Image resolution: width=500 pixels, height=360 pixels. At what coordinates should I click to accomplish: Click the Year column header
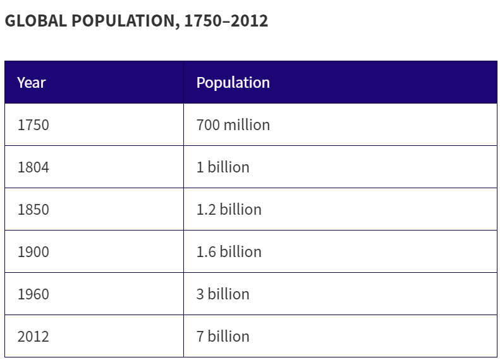[32, 83]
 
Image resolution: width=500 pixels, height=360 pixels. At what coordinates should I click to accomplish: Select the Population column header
[233, 83]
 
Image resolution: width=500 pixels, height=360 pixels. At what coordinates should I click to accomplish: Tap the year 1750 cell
[33, 125]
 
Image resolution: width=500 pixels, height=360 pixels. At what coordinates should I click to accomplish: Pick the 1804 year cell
[33, 167]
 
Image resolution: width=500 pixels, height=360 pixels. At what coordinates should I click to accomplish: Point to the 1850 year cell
[33, 210]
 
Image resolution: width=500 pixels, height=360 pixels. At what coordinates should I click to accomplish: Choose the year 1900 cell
[33, 252]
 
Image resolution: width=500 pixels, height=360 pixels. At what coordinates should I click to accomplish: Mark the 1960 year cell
[33, 294]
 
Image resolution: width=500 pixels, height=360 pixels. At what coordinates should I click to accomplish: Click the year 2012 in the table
[33, 337]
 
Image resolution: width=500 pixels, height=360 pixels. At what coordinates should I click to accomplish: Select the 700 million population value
[233, 125]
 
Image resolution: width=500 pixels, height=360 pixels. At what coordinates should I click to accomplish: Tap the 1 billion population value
[223, 167]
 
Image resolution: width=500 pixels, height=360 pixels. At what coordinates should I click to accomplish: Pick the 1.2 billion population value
[229, 210]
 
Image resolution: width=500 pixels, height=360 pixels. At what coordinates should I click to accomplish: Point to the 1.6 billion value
[229, 252]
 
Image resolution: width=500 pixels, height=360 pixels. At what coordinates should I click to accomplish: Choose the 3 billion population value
[223, 294]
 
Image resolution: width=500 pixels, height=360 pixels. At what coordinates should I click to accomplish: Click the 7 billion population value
[223, 337]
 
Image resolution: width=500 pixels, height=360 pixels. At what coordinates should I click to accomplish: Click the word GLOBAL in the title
[35, 21]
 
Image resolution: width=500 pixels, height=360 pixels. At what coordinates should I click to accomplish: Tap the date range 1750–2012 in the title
[226, 21]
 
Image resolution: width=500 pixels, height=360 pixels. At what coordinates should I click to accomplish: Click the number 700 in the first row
[208, 125]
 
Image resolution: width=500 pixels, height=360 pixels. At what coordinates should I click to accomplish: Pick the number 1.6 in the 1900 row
[206, 252]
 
